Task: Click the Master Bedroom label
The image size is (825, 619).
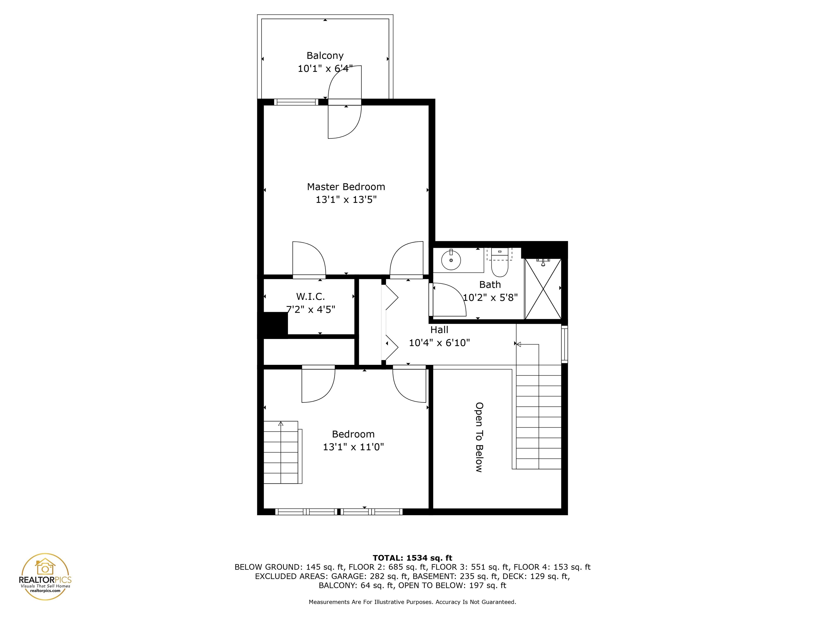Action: [x=346, y=186]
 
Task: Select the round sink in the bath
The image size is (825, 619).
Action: [x=451, y=260]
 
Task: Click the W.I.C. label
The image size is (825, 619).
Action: [x=310, y=297]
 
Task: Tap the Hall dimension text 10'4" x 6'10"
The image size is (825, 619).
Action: [x=439, y=343]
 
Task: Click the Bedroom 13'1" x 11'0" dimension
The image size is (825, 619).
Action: [x=353, y=447]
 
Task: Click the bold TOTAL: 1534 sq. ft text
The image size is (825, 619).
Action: [x=412, y=558]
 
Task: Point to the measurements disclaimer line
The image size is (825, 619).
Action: [x=412, y=602]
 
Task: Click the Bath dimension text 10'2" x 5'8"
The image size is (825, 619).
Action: [x=490, y=297]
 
